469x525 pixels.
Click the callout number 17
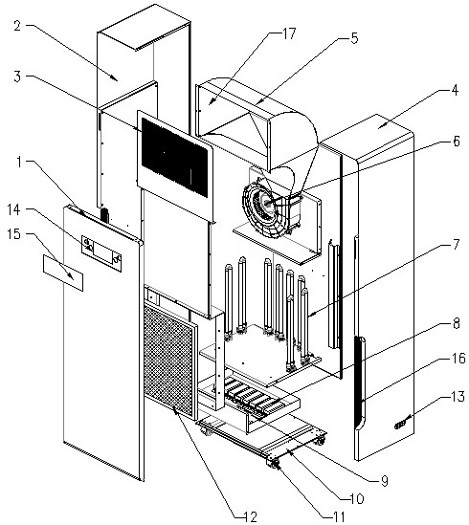click(x=289, y=33)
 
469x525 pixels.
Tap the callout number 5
click(x=354, y=38)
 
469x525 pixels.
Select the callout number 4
click(x=455, y=90)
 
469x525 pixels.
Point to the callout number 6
click(x=456, y=141)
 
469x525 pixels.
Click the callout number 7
click(x=456, y=245)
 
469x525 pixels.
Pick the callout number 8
click(x=456, y=323)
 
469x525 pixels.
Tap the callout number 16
click(x=458, y=359)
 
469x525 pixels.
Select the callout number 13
click(x=458, y=397)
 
